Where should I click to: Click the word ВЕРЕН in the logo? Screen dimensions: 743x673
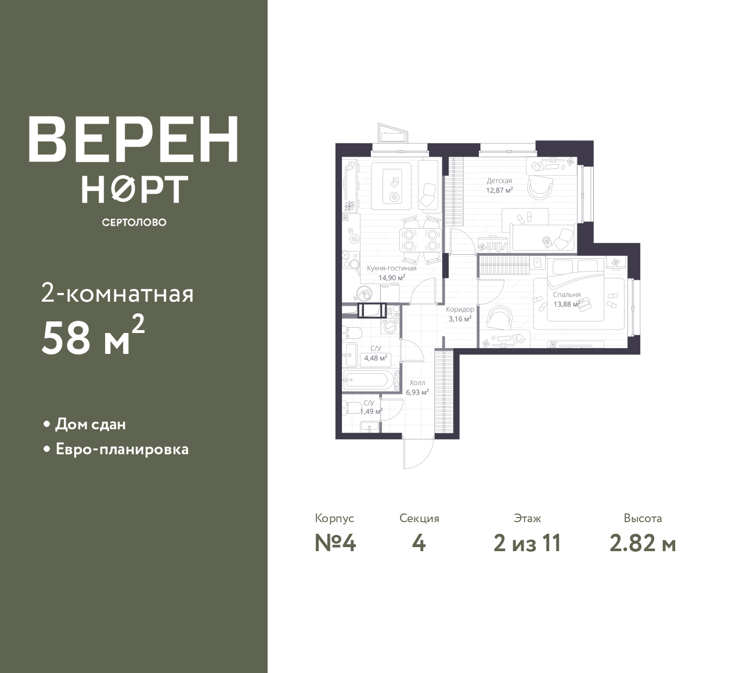click(134, 139)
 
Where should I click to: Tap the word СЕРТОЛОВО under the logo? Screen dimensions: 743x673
click(134, 222)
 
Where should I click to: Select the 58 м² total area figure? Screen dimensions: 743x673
click(93, 335)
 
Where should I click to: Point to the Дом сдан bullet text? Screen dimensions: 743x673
click(91, 425)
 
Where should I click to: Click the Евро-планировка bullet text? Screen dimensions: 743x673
click(122, 450)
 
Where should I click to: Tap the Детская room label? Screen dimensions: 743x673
click(499, 181)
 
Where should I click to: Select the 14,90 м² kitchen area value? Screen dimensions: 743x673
click(391, 278)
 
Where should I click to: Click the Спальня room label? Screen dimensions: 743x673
click(567, 295)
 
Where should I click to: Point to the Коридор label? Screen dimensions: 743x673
click(460, 309)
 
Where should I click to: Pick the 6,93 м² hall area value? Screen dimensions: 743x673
click(417, 392)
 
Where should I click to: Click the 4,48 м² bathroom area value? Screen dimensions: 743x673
click(376, 358)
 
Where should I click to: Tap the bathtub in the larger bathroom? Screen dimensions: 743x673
click(366, 380)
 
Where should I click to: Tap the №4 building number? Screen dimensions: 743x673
click(335, 544)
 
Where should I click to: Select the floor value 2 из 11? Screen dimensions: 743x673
click(527, 544)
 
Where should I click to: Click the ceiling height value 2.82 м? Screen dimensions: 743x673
click(643, 544)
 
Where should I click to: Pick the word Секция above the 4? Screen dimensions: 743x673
click(419, 518)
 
